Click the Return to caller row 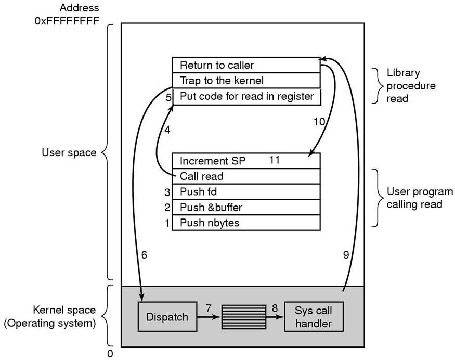(245, 65)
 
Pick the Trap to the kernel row (245, 81)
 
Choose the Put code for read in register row (246, 96)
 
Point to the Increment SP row (245, 160)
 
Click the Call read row (245, 176)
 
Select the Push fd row (245, 191)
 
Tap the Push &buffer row (245, 207)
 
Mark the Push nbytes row (245, 223)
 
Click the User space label (69, 152)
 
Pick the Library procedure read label (404, 85)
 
